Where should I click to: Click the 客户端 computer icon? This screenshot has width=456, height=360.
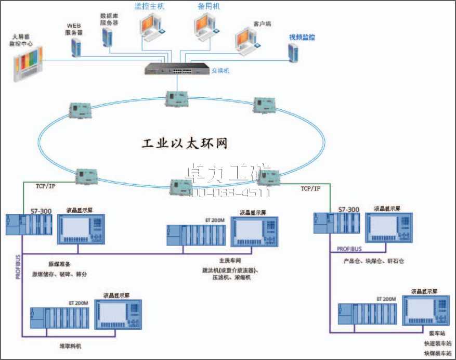tap(247, 42)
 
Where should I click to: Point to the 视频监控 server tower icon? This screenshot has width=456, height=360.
tap(294, 53)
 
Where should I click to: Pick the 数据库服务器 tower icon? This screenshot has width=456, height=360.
tap(108, 37)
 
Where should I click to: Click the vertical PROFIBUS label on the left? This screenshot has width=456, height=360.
tap(18, 267)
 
